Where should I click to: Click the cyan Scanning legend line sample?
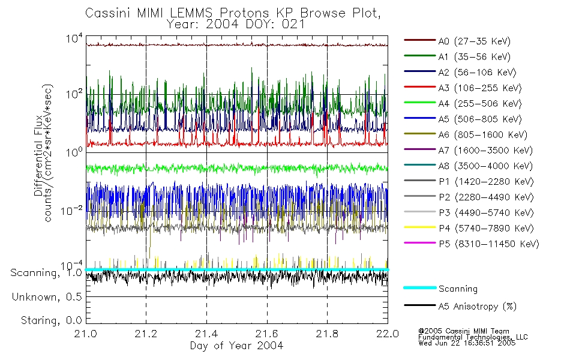click(x=419, y=288)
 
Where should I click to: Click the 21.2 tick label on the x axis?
click(x=146, y=334)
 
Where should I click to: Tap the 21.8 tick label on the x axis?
click(x=327, y=334)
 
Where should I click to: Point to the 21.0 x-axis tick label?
click(x=86, y=334)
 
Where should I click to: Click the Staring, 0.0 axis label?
click(x=51, y=320)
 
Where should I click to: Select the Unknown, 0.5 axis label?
click(x=47, y=296)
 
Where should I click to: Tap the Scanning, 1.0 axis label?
click(x=46, y=273)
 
